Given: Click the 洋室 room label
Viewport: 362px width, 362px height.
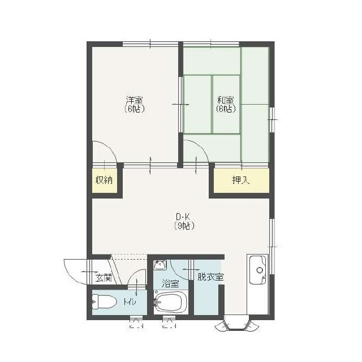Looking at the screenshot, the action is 134,101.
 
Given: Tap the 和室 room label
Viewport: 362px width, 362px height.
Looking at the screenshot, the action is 226,101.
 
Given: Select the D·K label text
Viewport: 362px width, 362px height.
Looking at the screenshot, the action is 183,217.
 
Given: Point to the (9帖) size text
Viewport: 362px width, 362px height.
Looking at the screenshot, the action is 184,226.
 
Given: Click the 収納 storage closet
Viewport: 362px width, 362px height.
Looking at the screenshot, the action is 104,180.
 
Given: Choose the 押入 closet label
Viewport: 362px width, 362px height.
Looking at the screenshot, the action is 241,180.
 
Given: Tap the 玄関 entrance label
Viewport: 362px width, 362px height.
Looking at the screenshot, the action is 104,278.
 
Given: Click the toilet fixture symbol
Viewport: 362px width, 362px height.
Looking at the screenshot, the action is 104,302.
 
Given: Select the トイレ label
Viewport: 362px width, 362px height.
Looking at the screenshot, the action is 130,301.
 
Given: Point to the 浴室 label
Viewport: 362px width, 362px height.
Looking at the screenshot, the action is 170,284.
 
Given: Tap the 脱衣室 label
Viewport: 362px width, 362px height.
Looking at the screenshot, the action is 210,277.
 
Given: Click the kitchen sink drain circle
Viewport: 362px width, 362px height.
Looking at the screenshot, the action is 260,270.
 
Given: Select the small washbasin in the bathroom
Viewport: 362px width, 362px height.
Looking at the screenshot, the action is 160,265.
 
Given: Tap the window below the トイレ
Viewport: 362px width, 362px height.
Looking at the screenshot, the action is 136,321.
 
